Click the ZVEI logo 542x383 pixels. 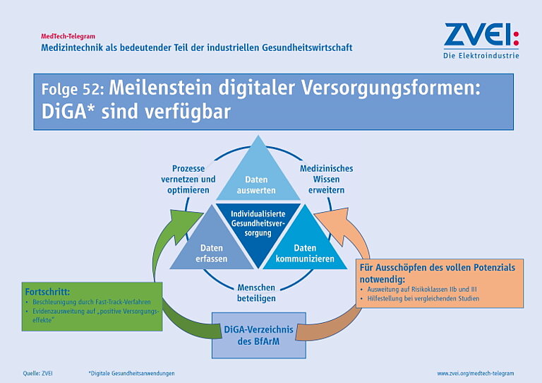[481, 40]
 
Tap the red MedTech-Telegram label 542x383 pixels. [68, 36]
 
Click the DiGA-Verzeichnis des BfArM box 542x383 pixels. [258, 335]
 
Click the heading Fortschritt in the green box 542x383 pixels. [47, 292]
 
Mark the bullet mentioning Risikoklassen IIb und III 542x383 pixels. [418, 289]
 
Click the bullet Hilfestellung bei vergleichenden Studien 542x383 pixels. [420, 298]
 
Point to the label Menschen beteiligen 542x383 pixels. [256, 293]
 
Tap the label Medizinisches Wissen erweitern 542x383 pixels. [326, 179]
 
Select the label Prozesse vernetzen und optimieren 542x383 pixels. [188, 179]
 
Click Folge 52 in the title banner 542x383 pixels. [73, 89]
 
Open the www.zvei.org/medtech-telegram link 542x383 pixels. [475, 373]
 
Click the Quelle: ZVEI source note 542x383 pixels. [38, 373]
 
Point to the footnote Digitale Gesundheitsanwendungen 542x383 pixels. [131, 373]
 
